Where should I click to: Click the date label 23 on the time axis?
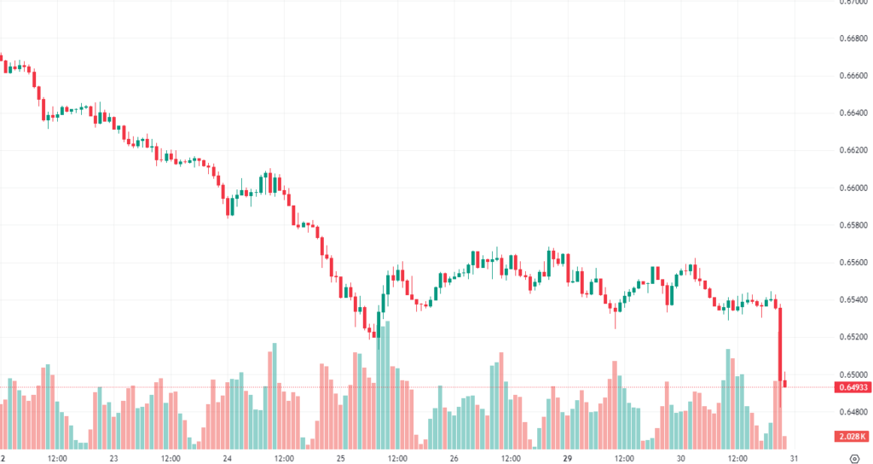point(113,458)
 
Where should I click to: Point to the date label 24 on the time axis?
point(228,458)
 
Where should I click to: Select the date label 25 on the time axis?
point(340,458)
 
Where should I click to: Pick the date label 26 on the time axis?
point(454,458)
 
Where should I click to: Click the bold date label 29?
point(567,458)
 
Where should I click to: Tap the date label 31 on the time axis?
point(793,458)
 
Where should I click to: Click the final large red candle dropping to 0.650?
point(780,341)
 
